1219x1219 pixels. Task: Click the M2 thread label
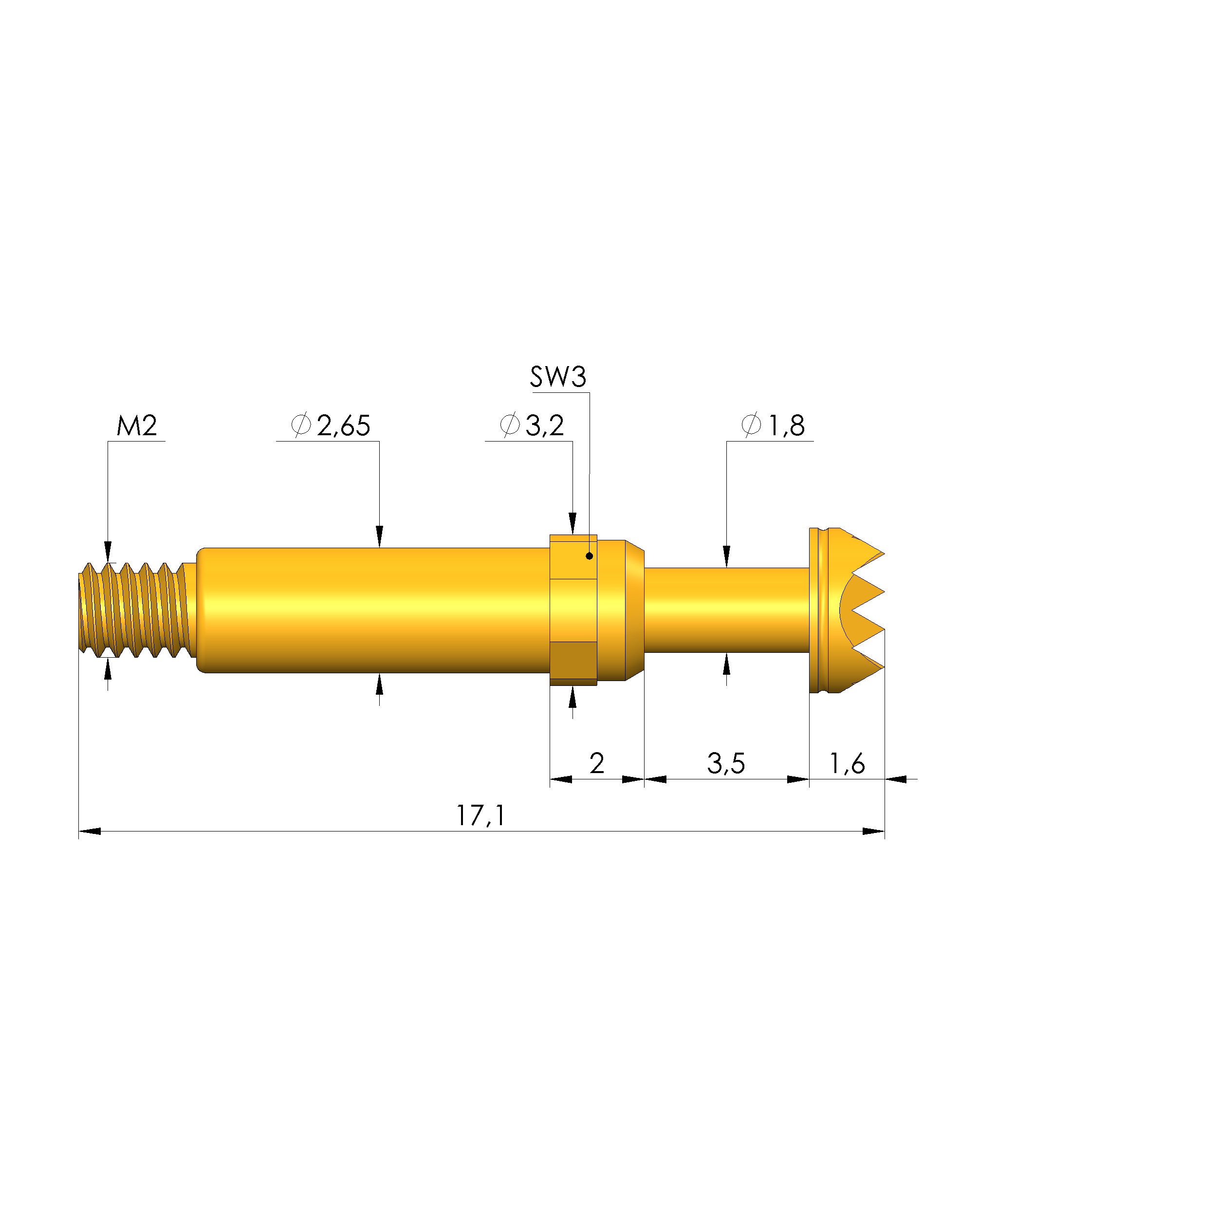[x=136, y=426]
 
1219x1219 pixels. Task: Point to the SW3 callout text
[x=558, y=377]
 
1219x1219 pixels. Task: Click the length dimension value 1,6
[x=847, y=763]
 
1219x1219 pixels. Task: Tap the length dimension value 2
[x=596, y=763]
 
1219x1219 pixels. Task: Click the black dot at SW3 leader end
[x=590, y=556]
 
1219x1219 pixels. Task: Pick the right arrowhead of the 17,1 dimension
[x=874, y=831]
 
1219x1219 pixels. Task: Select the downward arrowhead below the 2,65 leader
[x=379, y=537]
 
